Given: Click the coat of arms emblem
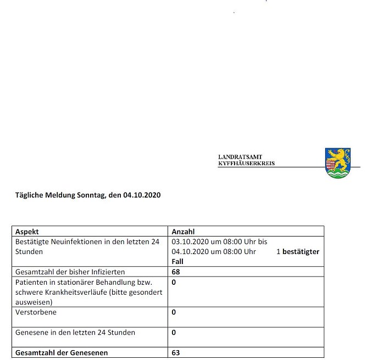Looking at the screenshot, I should click(x=337, y=162).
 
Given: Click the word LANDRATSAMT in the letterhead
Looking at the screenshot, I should click(x=240, y=157).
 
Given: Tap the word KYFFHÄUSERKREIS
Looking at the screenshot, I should click(x=246, y=164).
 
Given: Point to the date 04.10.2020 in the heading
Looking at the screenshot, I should click(x=142, y=195).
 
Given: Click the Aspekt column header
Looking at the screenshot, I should click(x=27, y=232).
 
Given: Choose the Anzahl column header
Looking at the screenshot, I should click(x=183, y=232).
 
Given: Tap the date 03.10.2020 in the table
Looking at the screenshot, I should click(x=190, y=241).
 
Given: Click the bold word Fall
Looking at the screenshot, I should click(x=178, y=261).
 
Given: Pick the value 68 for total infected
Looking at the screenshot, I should click(x=176, y=272).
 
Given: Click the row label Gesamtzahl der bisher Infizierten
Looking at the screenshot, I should click(x=70, y=272).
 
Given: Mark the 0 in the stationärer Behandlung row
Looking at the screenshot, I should click(x=174, y=282).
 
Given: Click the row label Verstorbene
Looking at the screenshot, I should click(x=36, y=312).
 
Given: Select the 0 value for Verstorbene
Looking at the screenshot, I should click(x=174, y=312).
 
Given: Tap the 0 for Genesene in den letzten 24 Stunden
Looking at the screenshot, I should click(x=174, y=333).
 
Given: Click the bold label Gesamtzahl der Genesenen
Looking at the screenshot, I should click(x=62, y=353).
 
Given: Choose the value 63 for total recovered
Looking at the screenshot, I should click(x=176, y=353).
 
